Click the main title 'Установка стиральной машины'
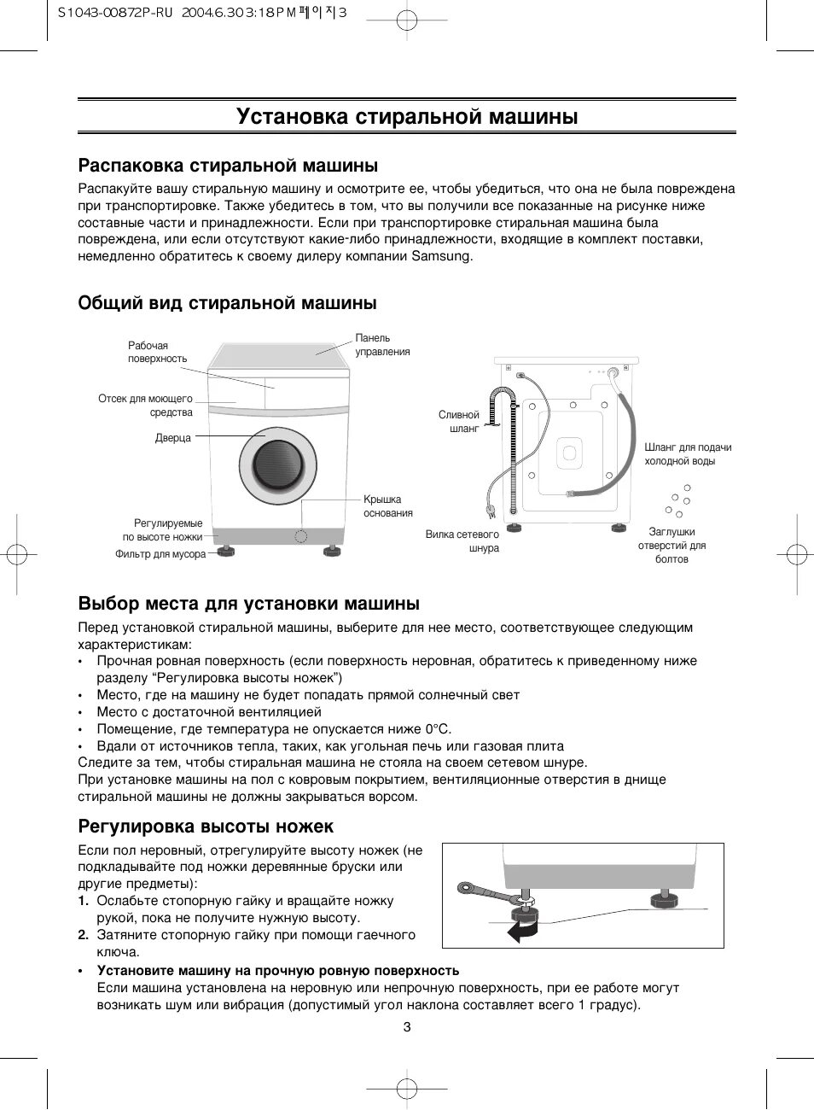(407, 116)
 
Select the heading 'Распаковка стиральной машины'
(228, 166)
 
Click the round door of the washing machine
(277, 465)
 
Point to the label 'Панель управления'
(382, 345)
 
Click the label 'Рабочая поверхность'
(157, 352)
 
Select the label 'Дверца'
(173, 438)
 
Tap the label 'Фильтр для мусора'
(160, 554)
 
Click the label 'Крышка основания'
(387, 506)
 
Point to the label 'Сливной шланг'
(459, 422)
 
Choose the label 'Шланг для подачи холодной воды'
(688, 453)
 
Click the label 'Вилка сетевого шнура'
(462, 541)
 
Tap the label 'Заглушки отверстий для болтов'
(672, 546)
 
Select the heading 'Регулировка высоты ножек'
(206, 827)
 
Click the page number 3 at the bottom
(407, 1026)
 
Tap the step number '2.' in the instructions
(84, 935)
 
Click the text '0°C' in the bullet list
(438, 729)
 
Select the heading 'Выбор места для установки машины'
(248, 604)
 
